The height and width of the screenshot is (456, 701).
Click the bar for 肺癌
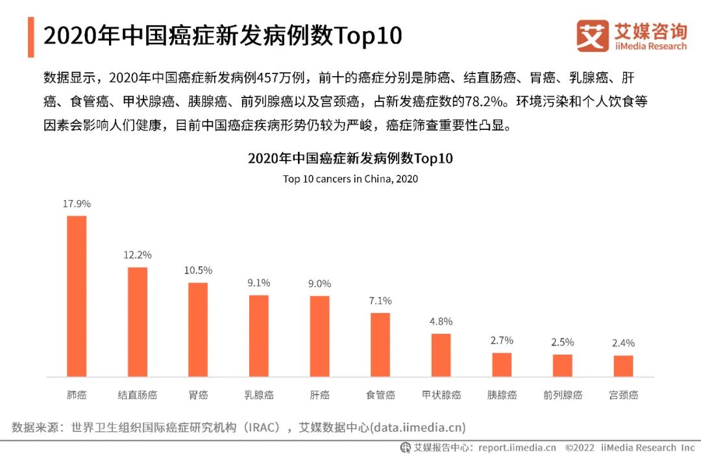click(77, 296)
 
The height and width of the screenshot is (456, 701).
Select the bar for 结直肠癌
click(138, 322)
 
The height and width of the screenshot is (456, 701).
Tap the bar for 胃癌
click(198, 329)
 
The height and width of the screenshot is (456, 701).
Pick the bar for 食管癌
click(380, 344)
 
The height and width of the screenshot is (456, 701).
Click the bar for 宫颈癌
click(623, 366)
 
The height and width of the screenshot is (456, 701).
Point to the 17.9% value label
click(77, 203)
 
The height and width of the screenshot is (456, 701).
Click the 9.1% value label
click(259, 283)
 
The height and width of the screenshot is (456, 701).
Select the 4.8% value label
click(441, 321)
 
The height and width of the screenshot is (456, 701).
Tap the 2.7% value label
click(502, 340)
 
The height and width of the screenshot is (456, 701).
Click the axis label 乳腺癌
click(259, 395)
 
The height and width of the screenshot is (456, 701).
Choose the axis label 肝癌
click(319, 395)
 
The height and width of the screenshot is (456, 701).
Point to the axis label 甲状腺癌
click(441, 395)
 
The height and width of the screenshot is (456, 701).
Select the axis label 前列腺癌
click(563, 395)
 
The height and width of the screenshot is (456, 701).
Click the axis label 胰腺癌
click(502, 395)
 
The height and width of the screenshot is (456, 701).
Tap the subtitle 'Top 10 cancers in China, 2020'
click(350, 179)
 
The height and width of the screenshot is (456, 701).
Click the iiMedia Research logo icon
click(593, 36)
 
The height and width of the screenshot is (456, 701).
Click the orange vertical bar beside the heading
click(31, 37)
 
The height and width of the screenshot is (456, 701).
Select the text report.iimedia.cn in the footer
click(517, 448)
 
